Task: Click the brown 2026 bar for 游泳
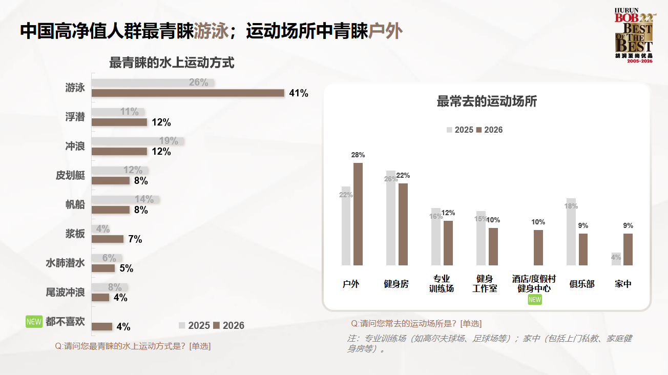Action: pyautogui.click(x=187, y=93)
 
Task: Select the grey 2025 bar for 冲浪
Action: pyautogui.click(x=137, y=141)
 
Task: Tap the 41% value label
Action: pyautogui.click(x=299, y=93)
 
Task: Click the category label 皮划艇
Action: pyautogui.click(x=70, y=175)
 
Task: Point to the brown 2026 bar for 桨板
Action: pyautogui.click(x=108, y=239)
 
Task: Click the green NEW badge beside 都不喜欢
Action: pyautogui.click(x=34, y=322)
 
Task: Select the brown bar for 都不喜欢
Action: pyautogui.click(x=102, y=326)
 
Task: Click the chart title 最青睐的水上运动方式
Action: pyautogui.click(x=172, y=64)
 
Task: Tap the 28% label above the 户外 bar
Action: pyautogui.click(x=358, y=155)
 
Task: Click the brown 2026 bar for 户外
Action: pyautogui.click(x=358, y=214)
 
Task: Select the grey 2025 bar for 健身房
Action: pyautogui.click(x=391, y=218)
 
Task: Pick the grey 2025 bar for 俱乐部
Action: pyautogui.click(x=571, y=232)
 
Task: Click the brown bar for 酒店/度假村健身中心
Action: pyautogui.click(x=538, y=247)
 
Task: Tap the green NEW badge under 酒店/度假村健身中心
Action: pyautogui.click(x=534, y=300)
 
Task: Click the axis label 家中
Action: pyautogui.click(x=623, y=284)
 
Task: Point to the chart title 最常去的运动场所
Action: pyautogui.click(x=486, y=101)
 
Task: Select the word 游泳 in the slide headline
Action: pyautogui.click(x=211, y=32)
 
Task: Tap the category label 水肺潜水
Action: pyautogui.click(x=65, y=263)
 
